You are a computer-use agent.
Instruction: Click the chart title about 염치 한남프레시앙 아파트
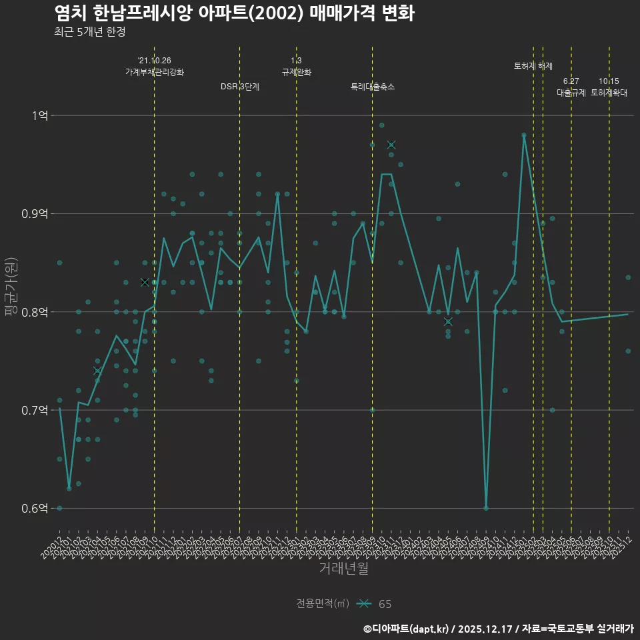click(234, 13)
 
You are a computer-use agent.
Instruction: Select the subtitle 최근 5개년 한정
click(89, 31)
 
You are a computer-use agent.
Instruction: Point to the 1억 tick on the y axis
click(39, 115)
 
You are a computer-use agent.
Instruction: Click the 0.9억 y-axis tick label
click(35, 214)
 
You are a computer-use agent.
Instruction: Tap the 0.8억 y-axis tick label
click(35, 312)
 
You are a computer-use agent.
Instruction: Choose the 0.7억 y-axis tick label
click(35, 410)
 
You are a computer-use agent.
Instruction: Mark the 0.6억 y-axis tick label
click(35, 508)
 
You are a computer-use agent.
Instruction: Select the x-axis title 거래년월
click(343, 568)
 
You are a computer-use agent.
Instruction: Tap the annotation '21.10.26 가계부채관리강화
click(154, 66)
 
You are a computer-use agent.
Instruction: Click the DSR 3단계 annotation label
click(240, 87)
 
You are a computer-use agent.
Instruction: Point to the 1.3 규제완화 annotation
click(297, 66)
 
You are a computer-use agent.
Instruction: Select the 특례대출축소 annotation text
click(373, 87)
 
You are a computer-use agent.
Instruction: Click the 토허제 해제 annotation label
click(533, 66)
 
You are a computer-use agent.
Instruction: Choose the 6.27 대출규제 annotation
click(571, 87)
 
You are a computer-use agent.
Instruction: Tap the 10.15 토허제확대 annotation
click(609, 87)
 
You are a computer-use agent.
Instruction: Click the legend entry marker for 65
click(364, 604)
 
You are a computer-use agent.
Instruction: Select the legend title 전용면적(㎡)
click(323, 604)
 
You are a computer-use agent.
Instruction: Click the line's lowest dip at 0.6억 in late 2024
click(486, 508)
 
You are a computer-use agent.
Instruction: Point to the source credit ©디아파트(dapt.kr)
click(407, 629)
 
